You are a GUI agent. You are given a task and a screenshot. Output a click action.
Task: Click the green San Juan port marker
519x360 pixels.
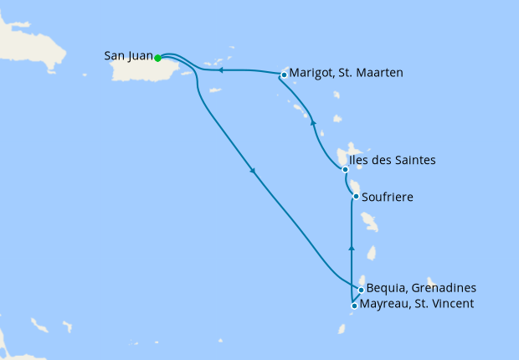157,58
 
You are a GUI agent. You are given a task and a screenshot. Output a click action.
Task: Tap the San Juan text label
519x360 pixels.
128,56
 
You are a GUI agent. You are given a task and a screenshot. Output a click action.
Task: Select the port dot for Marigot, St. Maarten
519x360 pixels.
285,75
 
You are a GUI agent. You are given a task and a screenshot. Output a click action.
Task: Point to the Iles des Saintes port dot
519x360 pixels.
345,169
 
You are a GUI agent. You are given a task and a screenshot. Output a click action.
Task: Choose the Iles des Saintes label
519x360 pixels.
393,160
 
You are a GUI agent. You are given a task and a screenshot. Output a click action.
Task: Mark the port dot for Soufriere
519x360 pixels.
357,197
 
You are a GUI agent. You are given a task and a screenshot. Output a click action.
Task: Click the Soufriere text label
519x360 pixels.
388,198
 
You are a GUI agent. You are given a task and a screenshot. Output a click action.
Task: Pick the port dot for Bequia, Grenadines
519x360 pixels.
361,291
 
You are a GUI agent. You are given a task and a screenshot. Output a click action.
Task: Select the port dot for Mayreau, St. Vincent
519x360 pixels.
355,306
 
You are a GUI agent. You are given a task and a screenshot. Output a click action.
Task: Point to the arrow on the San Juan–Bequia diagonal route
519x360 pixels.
253,172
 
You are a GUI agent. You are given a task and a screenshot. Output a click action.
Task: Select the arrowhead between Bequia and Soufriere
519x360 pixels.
352,248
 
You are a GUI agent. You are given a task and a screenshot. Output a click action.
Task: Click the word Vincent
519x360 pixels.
452,304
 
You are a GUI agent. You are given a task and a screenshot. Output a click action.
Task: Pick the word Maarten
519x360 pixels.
381,73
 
